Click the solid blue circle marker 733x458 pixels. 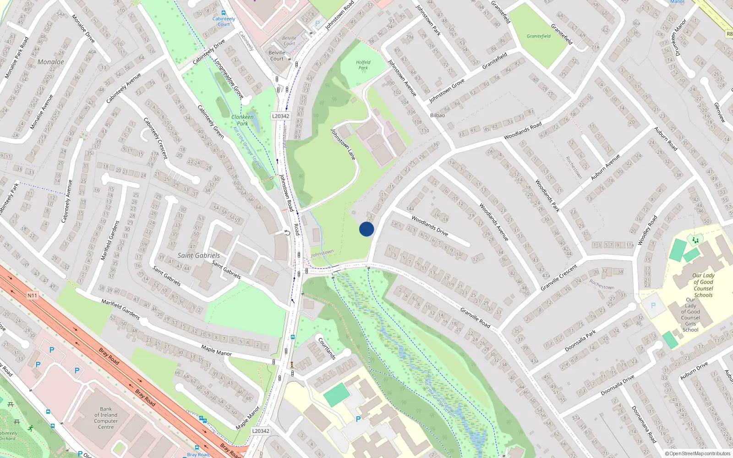click(366, 229)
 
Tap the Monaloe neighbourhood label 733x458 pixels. click(51, 62)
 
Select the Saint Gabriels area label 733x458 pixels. click(199, 256)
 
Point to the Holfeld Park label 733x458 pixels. click(363, 65)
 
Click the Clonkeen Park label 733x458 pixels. click(242, 120)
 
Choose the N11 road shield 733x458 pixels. click(32, 295)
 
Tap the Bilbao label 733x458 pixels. click(438, 115)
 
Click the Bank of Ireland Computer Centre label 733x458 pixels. click(106, 418)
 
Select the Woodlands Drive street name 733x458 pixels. click(430, 225)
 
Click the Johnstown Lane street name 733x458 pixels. click(343, 144)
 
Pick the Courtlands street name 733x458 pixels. click(327, 349)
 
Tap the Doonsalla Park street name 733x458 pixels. click(580, 340)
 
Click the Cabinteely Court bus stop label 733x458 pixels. click(224, 21)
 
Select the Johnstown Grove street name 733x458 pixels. click(447, 90)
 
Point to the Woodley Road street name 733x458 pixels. click(647, 229)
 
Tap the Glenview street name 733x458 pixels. click(720, 112)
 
